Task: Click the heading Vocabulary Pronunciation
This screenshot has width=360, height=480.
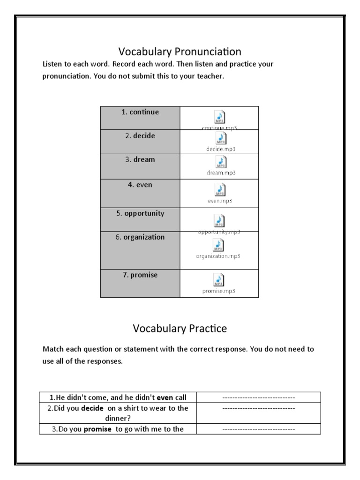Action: click(x=180, y=51)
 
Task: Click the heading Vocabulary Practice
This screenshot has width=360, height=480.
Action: click(x=180, y=329)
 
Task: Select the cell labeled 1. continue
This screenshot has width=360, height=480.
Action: click(x=140, y=112)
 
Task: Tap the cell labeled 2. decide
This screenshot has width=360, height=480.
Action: click(x=140, y=136)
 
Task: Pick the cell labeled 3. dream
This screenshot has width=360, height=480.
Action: click(x=140, y=160)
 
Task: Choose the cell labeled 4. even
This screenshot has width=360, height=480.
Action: click(x=140, y=185)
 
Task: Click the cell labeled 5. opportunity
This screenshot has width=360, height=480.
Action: click(x=140, y=214)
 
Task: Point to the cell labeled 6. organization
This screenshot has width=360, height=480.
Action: click(x=140, y=238)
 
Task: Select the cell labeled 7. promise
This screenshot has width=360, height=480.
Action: click(x=140, y=276)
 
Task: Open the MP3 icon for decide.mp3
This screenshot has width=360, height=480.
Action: click(x=219, y=138)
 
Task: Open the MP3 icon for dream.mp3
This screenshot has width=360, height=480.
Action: click(x=219, y=162)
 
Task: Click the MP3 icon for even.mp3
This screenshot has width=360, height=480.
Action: click(x=219, y=189)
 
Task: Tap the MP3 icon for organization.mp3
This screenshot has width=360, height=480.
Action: click(x=219, y=245)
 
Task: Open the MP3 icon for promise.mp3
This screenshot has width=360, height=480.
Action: click(x=219, y=280)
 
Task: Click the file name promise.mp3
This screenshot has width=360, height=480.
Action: click(x=219, y=291)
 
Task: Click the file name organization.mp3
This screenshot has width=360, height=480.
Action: click(x=219, y=256)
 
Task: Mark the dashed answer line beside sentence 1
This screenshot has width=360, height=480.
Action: click(x=258, y=397)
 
